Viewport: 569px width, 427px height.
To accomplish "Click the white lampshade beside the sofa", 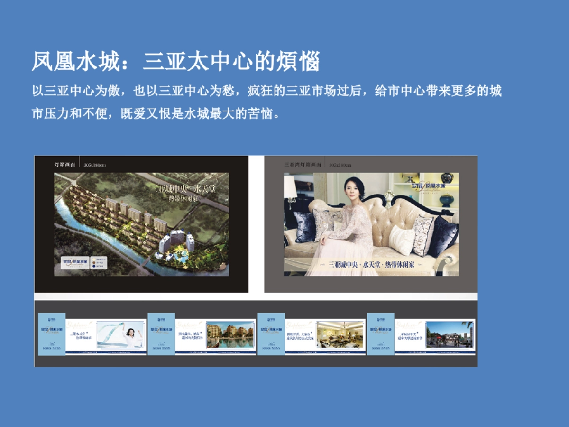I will pos(290,187).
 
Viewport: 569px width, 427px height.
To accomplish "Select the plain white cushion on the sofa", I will pos(401,240).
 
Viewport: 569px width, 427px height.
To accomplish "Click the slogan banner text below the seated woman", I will pos(372,264).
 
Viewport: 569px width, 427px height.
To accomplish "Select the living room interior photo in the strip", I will pos(340,334).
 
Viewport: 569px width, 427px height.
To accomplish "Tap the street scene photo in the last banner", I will pos(449,334).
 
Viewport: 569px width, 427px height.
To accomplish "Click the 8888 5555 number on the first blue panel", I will pos(51,348).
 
